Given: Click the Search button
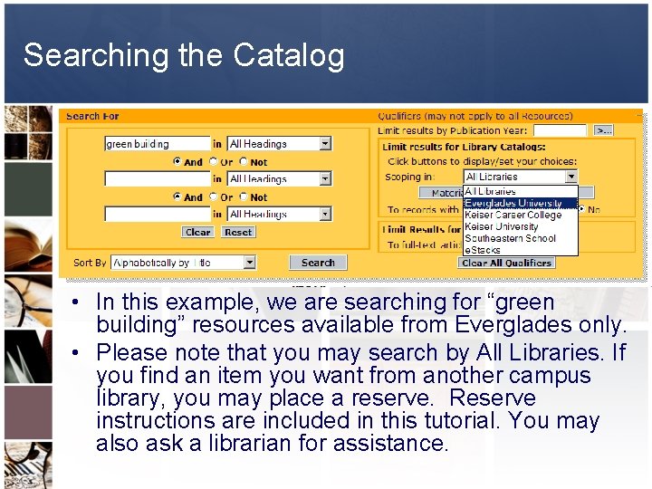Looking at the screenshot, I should click(318, 263).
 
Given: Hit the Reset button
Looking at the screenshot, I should click(238, 232).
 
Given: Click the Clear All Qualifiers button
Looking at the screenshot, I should click(506, 263).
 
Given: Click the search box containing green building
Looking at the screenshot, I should click(158, 144).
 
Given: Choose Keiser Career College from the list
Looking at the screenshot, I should click(513, 216).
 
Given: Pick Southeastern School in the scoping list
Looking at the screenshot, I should click(510, 238).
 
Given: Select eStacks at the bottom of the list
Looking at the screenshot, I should click(482, 249).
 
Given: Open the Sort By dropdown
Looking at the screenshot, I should click(249, 263).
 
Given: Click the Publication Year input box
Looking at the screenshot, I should click(559, 130).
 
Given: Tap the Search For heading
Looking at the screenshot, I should click(92, 116).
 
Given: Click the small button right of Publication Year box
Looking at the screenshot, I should click(604, 130).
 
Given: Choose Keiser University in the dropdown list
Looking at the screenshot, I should click(501, 226).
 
